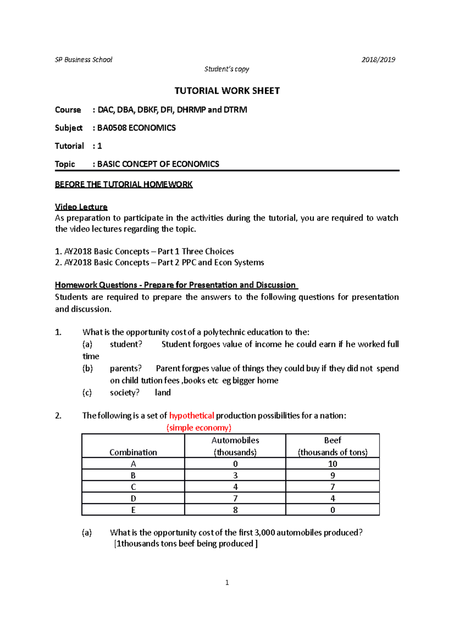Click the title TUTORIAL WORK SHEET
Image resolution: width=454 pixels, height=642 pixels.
click(227, 91)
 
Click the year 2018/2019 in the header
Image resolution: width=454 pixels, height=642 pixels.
click(378, 60)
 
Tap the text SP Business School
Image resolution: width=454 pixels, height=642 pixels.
click(84, 60)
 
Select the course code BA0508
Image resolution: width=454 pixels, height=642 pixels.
click(112, 128)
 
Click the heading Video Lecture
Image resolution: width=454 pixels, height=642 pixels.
click(81, 207)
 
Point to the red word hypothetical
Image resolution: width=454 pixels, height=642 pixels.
click(191, 416)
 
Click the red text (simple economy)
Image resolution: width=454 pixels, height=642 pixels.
click(199, 428)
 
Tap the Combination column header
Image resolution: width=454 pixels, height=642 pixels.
click(133, 452)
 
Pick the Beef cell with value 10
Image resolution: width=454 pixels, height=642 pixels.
click(333, 464)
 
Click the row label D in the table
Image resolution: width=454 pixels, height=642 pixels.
click(133, 498)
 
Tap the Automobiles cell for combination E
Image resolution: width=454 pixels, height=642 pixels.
click(235, 510)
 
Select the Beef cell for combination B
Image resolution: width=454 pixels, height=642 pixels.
click(333, 475)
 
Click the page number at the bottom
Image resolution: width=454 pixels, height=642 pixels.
click(227, 583)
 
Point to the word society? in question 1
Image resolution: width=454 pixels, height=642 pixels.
click(124, 392)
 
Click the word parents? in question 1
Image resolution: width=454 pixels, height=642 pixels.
click(126, 368)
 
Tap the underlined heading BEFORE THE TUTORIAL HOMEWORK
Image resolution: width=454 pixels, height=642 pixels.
click(124, 185)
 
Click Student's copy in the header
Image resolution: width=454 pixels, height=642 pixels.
click(227, 69)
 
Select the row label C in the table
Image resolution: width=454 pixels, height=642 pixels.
click(133, 487)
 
